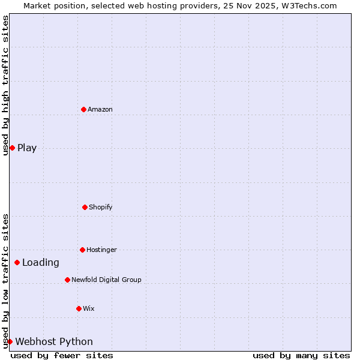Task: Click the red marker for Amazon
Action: coord(83,109)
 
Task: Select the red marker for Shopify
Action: coord(85,207)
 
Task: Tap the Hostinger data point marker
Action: coord(82,250)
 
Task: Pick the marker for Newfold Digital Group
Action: coord(67,280)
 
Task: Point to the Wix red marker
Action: coord(79,308)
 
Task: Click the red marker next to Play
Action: coord(12,148)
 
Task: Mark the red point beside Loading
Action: coord(17,262)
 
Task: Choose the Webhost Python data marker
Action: coord(10,341)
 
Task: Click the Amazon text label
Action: coord(100,109)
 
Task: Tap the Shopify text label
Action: coord(101,207)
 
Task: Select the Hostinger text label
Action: coord(101,250)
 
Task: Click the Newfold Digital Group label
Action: coord(106,280)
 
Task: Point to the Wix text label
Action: coord(89,308)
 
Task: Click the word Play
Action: coord(27,148)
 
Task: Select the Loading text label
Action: coord(41,262)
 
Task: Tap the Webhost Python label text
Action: coord(54,342)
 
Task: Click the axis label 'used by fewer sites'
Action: coord(62,356)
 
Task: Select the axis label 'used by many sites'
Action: coord(301,356)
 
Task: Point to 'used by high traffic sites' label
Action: coord(5,85)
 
